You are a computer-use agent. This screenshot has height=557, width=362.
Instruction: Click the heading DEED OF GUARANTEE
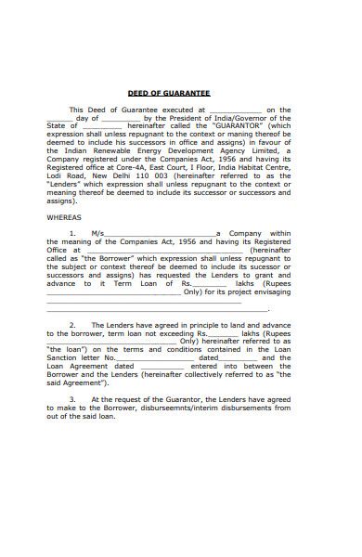pos(169,93)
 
